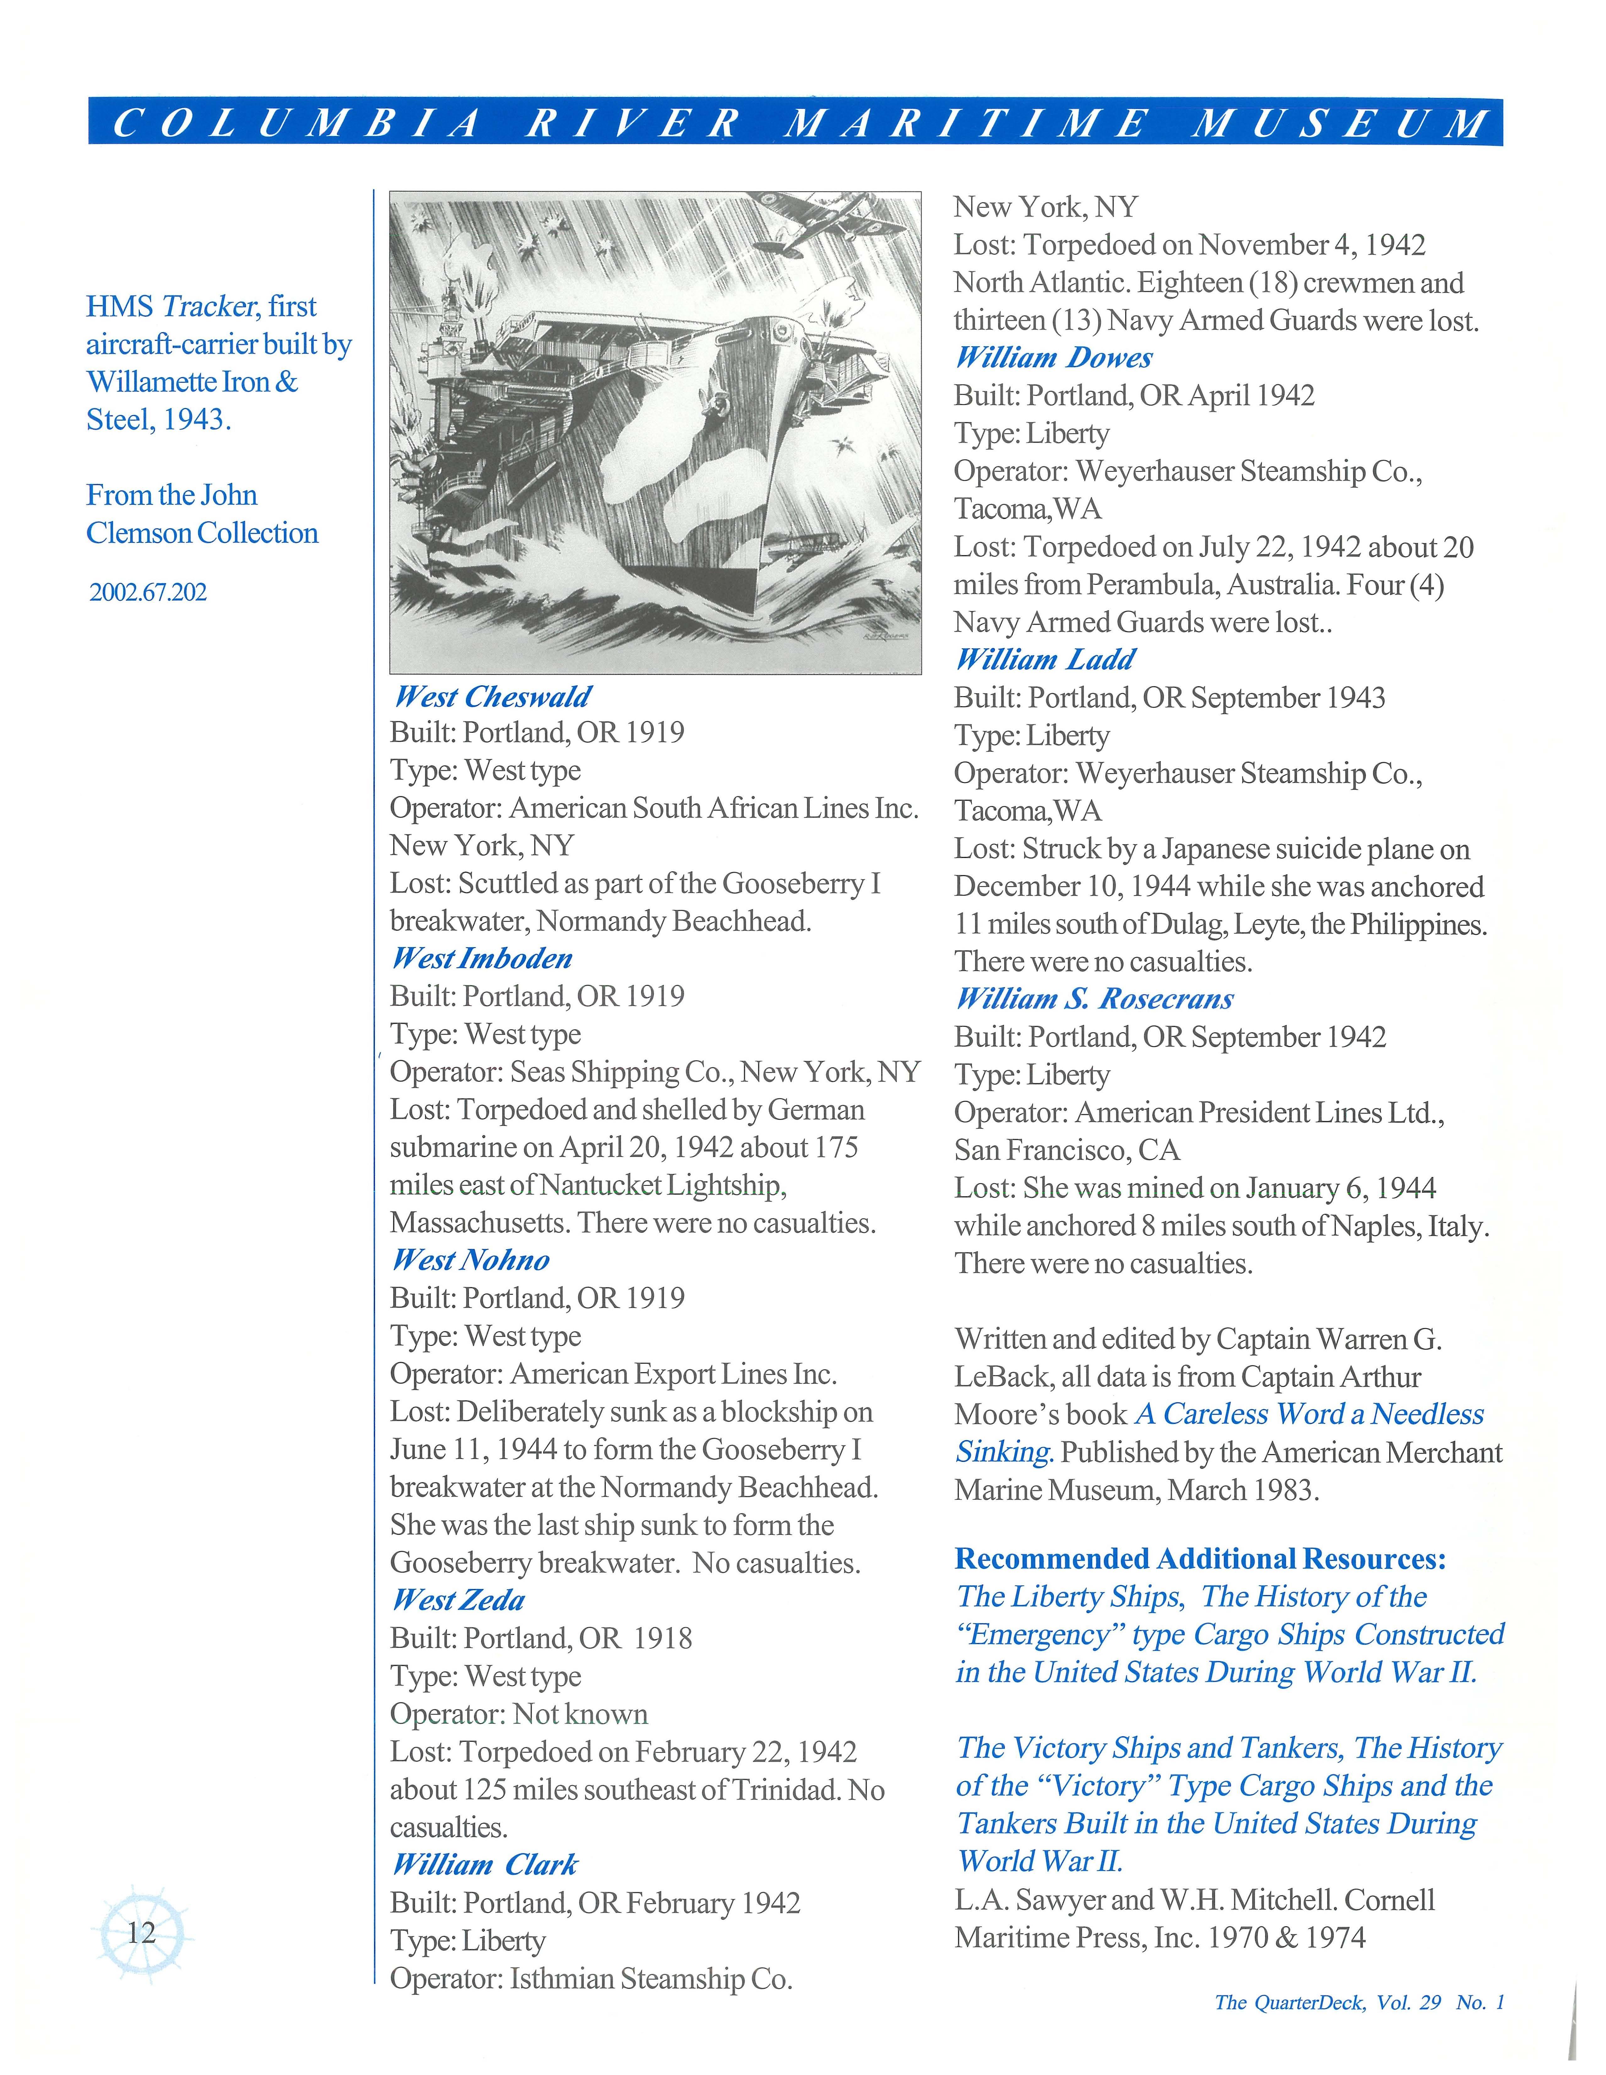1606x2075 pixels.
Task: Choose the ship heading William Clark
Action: [x=485, y=1865]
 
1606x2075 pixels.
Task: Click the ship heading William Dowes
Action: [x=1054, y=358]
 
